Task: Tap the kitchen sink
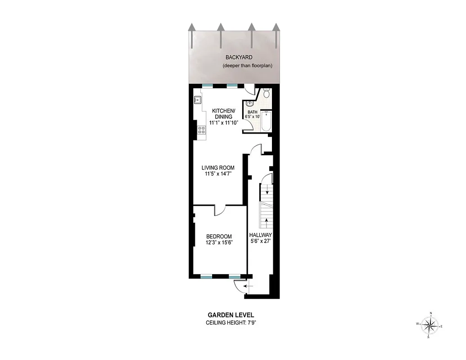click(x=198, y=100)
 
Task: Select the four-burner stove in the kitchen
click(x=202, y=130)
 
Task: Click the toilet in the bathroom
click(x=267, y=94)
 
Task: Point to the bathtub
click(x=266, y=121)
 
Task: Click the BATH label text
click(x=253, y=112)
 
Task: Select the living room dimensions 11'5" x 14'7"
click(x=218, y=174)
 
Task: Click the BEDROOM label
click(x=219, y=237)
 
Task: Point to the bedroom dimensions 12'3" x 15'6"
click(x=219, y=243)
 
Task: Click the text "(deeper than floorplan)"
click(x=248, y=66)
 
